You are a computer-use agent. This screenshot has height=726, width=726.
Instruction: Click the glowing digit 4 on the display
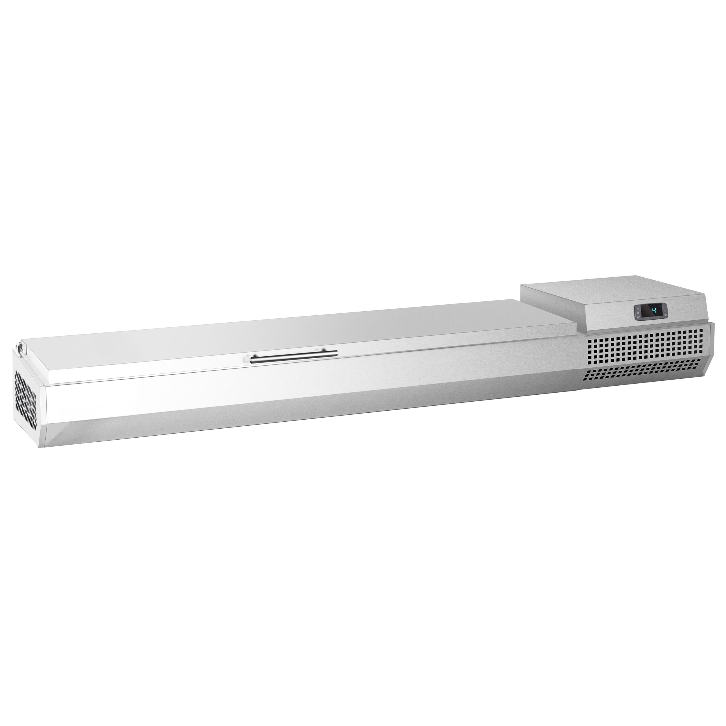click(654, 311)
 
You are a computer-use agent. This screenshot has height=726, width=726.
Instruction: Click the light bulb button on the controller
click(638, 309)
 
